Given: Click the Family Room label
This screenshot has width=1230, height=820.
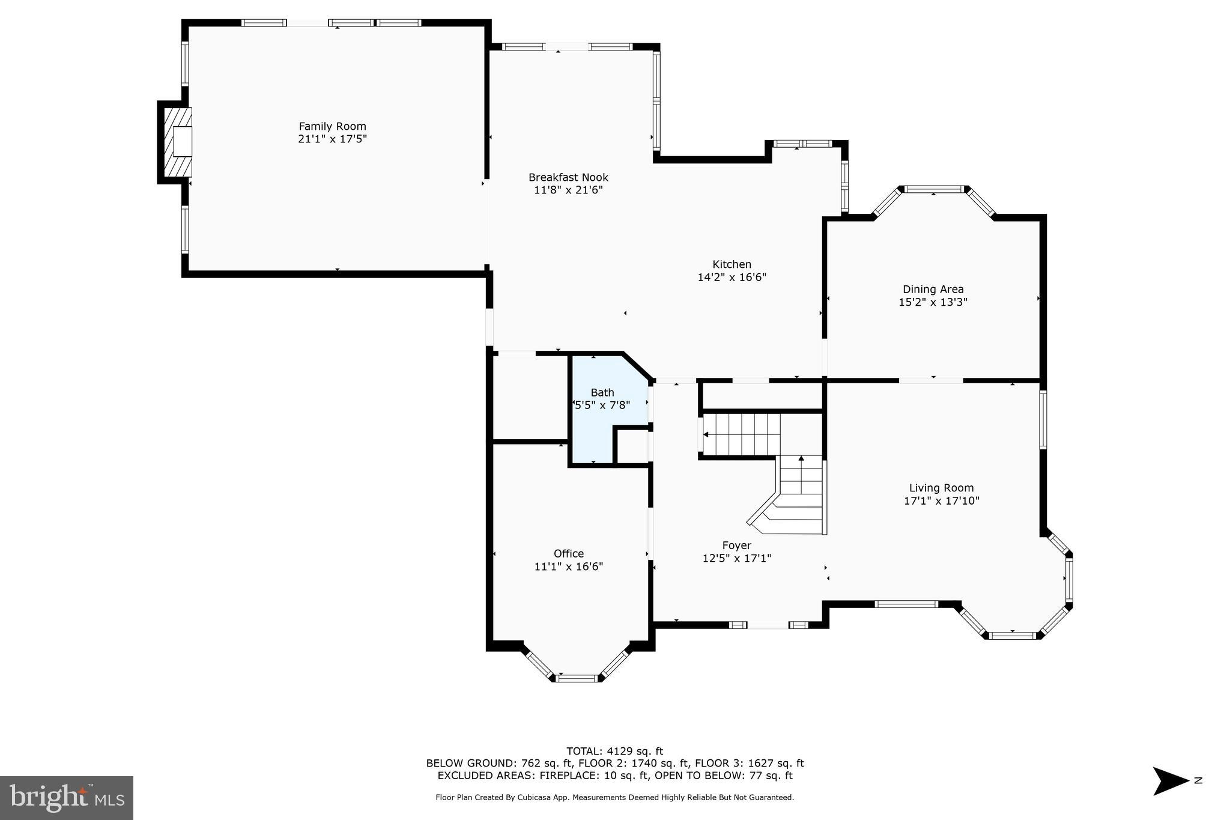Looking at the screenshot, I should [332, 126].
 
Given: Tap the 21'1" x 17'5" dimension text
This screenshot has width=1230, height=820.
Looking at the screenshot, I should [332, 139].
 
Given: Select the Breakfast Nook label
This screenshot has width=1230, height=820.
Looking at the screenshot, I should [568, 177].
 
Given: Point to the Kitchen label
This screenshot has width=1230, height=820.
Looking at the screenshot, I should [732, 264].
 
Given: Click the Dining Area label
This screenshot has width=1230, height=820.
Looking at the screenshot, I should [933, 290].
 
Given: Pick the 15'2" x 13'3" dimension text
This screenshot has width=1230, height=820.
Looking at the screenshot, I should [933, 302].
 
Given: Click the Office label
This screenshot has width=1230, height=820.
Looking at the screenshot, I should [568, 553].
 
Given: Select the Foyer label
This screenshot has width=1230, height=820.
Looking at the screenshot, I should [736, 545].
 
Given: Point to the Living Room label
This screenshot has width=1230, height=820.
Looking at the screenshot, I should [941, 488].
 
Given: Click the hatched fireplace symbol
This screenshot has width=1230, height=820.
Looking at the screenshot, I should [178, 142].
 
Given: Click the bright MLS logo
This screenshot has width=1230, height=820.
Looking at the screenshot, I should [67, 798].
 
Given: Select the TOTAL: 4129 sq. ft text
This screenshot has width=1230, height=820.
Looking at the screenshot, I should [614, 751].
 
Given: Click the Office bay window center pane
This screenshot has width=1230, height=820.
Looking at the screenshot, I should [576, 678].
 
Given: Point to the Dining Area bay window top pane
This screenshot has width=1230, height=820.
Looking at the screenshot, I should [934, 189].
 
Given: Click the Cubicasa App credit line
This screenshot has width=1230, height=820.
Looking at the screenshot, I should [614, 798].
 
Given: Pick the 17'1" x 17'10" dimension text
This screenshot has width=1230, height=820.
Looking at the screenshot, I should [941, 500].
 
